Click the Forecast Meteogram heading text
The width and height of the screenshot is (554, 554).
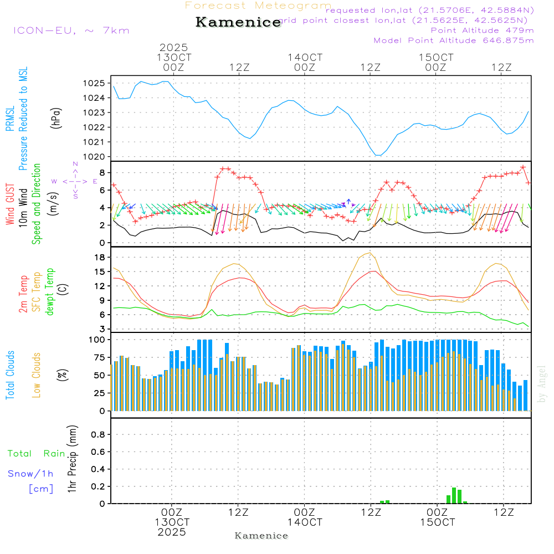[x=258, y=6]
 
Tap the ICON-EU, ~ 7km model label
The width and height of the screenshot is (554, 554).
[x=71, y=30]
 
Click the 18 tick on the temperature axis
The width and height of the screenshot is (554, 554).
[x=100, y=258]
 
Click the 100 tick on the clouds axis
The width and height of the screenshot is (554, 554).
[x=98, y=340]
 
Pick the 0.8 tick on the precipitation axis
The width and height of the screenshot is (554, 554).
[x=98, y=435]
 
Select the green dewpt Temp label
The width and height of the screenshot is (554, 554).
[x=50, y=292]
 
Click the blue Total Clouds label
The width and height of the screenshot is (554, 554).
[x=10, y=375]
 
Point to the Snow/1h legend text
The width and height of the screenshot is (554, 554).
[x=30, y=474]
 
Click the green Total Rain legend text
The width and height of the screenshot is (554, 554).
[x=37, y=454]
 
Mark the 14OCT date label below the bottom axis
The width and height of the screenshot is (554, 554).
[x=305, y=522]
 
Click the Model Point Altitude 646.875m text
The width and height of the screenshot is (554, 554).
[x=454, y=40]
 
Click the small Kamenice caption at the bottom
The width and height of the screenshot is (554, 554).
[x=261, y=536]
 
